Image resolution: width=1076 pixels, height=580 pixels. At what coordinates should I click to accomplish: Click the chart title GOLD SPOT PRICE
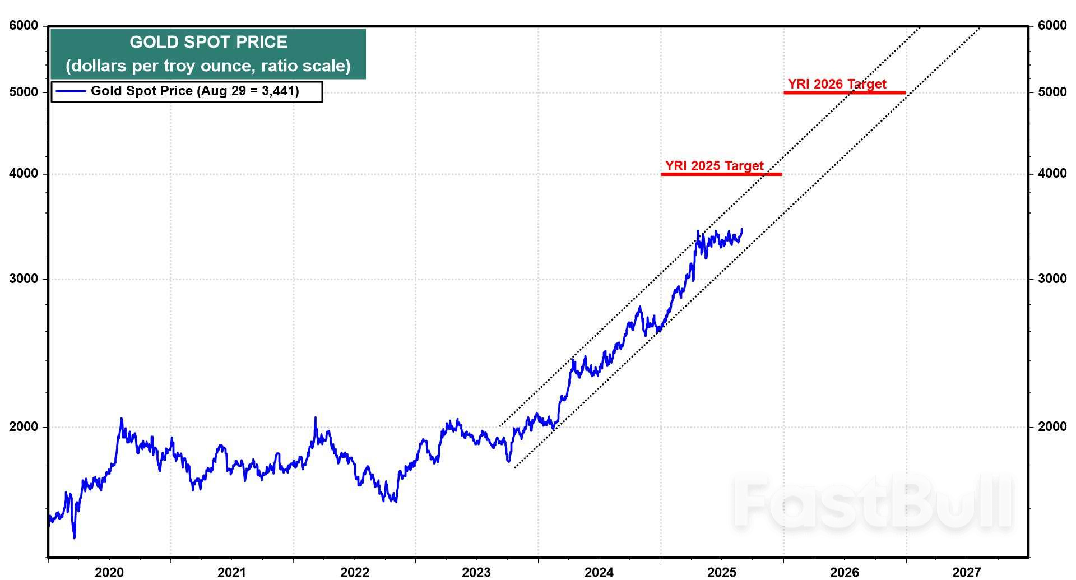pyautogui.click(x=208, y=42)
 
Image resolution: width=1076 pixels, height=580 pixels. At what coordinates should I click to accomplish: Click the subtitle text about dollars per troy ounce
pyautogui.click(x=208, y=66)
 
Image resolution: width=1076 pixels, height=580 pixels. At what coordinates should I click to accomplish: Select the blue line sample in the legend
pyautogui.click(x=71, y=91)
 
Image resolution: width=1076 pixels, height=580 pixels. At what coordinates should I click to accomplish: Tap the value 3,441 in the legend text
pyautogui.click(x=278, y=91)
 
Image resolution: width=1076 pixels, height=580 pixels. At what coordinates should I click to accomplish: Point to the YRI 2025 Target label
pyautogui.click(x=714, y=166)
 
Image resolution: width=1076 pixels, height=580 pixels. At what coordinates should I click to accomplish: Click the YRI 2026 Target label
pyautogui.click(x=837, y=84)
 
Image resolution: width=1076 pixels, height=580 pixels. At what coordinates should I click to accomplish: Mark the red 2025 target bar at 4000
pyautogui.click(x=721, y=174)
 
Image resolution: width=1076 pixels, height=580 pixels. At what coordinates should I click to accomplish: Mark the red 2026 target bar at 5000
pyautogui.click(x=845, y=92)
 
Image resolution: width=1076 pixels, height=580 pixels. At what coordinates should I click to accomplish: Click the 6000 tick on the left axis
pyautogui.click(x=24, y=26)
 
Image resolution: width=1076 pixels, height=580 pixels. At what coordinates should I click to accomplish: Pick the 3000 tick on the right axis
pyautogui.click(x=1052, y=279)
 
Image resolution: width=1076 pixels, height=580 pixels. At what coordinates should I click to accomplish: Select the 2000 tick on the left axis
pyautogui.click(x=24, y=427)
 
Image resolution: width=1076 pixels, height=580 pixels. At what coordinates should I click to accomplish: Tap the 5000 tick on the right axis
pyautogui.click(x=1052, y=92)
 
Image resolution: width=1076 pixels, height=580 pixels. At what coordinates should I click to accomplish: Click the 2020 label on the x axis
pyautogui.click(x=109, y=572)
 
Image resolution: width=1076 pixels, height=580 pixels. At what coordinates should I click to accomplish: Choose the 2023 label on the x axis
pyautogui.click(x=476, y=572)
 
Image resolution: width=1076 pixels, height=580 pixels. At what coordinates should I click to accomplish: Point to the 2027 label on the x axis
pyautogui.click(x=967, y=572)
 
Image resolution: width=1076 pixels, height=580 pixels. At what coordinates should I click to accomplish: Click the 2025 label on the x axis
pyautogui.click(x=722, y=572)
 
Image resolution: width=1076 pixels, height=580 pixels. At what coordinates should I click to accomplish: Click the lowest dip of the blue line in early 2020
pyautogui.click(x=75, y=537)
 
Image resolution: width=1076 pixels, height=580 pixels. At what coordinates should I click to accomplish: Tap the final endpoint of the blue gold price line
pyautogui.click(x=742, y=229)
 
